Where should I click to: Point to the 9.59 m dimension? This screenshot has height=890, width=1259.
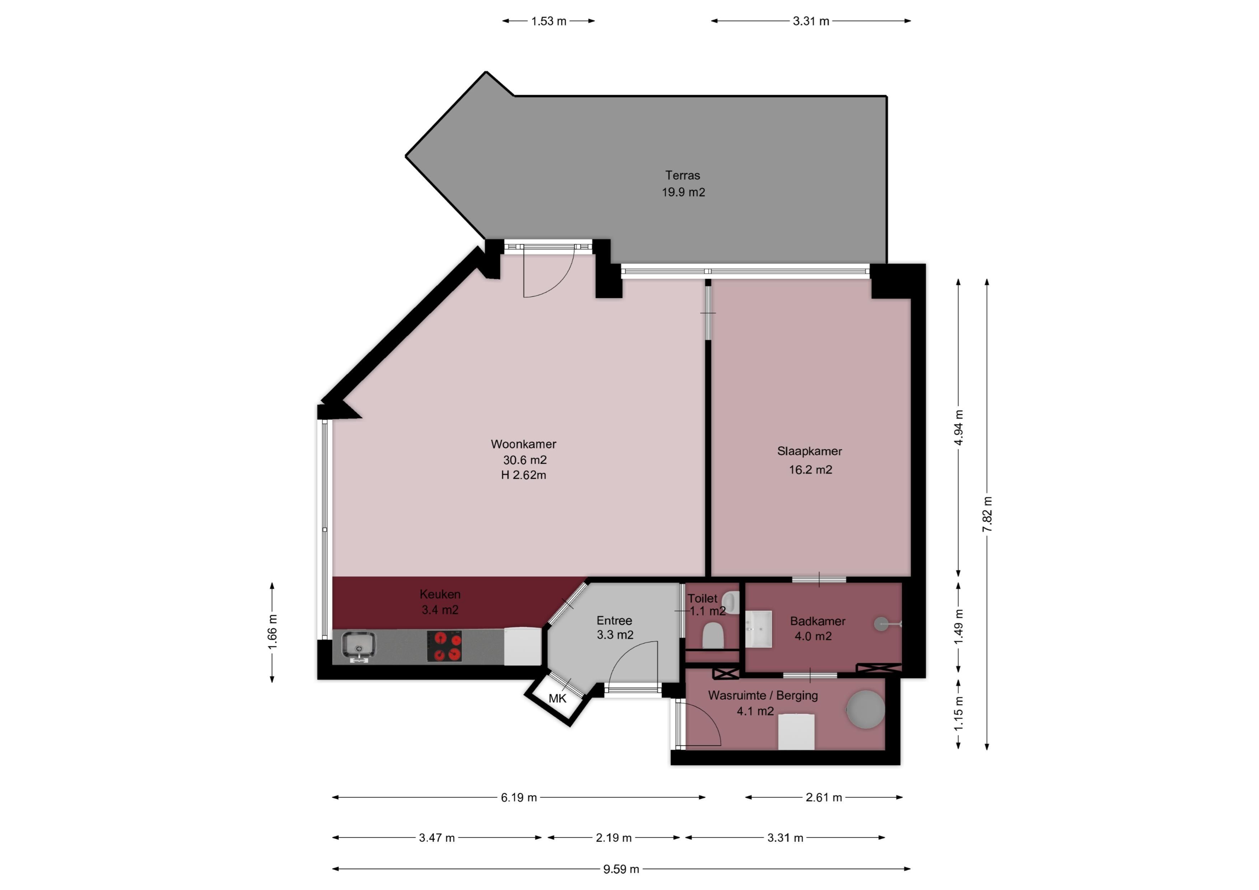(x=621, y=869)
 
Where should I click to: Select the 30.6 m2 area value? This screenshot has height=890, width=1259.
(x=524, y=460)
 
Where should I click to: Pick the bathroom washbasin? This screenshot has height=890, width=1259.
(x=759, y=629)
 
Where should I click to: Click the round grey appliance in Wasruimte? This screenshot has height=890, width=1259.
(x=865, y=709)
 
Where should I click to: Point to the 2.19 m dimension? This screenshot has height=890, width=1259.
(x=614, y=838)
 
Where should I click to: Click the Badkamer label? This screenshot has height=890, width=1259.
(x=817, y=621)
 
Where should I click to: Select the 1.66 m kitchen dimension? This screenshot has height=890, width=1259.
(x=272, y=631)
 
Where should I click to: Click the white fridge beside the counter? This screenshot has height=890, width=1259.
(x=523, y=647)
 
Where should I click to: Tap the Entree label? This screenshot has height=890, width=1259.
(x=614, y=621)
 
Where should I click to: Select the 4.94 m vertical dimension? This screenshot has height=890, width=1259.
(x=959, y=428)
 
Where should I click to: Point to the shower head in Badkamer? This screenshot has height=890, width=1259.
(x=881, y=624)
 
